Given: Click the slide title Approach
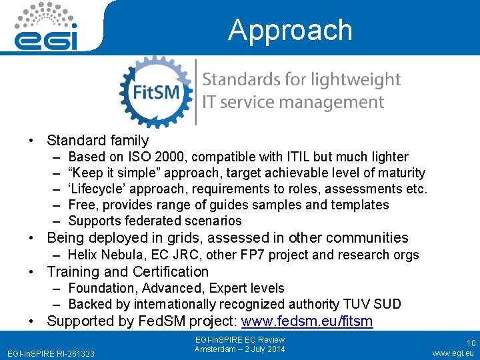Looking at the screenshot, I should coord(289,31).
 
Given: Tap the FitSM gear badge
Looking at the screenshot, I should coord(156,91).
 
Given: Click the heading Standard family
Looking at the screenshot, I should coord(97,141).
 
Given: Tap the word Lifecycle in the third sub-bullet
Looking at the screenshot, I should coord(98,189).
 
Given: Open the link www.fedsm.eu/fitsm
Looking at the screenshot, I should coord(307,321).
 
